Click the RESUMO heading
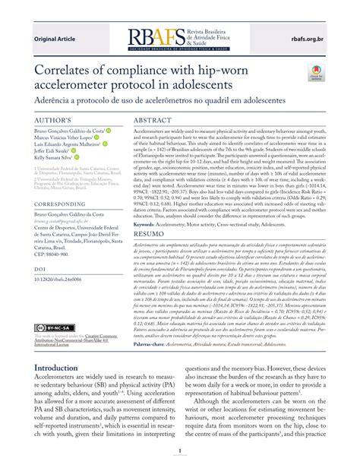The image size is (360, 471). click(152, 235)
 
